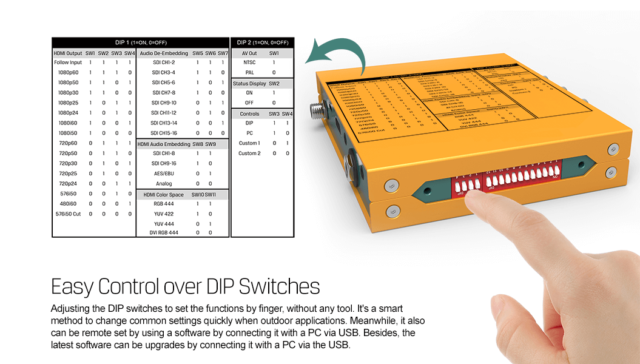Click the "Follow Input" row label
68,62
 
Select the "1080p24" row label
68,113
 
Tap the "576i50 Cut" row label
68,214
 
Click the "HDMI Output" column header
68,53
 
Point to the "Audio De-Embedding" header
164,53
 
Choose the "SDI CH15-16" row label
164,133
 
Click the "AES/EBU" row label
164,174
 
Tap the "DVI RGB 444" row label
164,232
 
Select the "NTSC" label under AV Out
249,62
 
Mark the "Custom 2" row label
249,153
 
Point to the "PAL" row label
249,72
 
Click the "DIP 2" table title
261,42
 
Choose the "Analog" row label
164,183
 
